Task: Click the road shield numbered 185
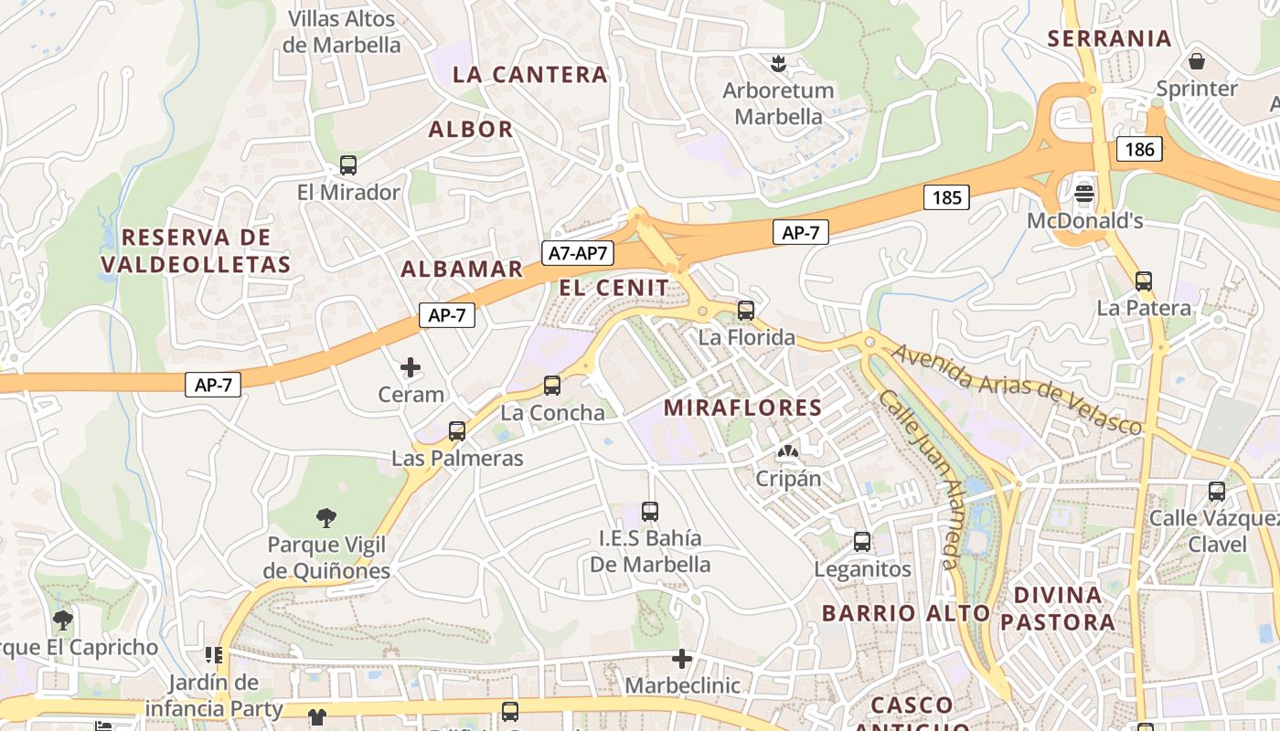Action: pyautogui.click(x=945, y=196)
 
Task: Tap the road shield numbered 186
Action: pyautogui.click(x=1139, y=149)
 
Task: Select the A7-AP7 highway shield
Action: pyautogui.click(x=578, y=253)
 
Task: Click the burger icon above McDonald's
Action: pyautogui.click(x=1084, y=194)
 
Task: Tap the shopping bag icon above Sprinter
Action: pyautogui.click(x=1196, y=62)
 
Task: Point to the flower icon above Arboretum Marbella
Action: pyautogui.click(x=778, y=63)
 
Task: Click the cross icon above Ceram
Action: pyautogui.click(x=411, y=367)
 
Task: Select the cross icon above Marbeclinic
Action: pyautogui.click(x=681, y=658)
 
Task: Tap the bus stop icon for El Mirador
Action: pyautogui.click(x=348, y=165)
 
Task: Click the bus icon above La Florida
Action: pyautogui.click(x=746, y=311)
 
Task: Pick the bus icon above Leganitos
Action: pyautogui.click(x=862, y=542)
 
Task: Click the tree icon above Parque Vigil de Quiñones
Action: pyautogui.click(x=325, y=518)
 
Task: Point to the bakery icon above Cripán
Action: pyautogui.click(x=787, y=451)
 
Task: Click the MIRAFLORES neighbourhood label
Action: pyautogui.click(x=742, y=408)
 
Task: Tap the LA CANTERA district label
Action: pyautogui.click(x=530, y=75)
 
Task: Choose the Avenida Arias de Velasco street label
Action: pyautogui.click(x=1017, y=388)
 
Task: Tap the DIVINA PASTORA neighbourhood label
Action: pyautogui.click(x=1058, y=609)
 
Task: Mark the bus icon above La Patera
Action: pyautogui.click(x=1143, y=281)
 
